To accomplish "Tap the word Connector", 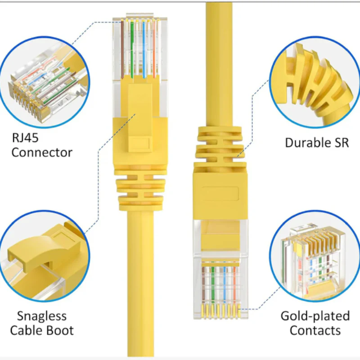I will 41,152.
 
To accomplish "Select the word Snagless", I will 41,316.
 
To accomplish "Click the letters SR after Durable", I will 341,143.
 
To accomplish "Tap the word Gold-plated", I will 315,316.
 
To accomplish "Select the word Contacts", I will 315,330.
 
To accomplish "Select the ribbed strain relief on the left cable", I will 140,189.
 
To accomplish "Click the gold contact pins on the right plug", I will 220,309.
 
